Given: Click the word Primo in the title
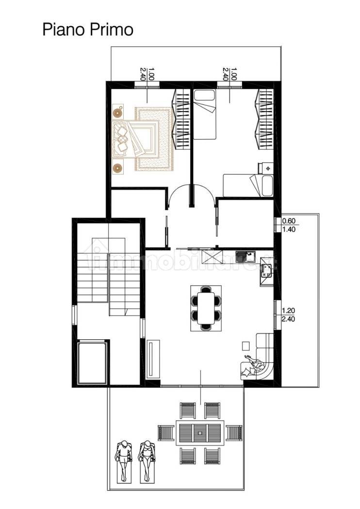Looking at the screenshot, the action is [111, 30].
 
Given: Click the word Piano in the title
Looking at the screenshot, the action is [64, 30].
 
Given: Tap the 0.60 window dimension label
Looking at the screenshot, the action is [289, 221].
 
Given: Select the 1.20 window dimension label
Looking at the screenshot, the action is [289, 311].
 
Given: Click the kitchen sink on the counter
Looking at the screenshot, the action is [246, 257].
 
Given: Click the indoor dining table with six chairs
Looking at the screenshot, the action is [206, 308].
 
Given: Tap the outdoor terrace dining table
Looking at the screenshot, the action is [200, 433].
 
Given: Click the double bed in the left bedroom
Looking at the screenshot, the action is [136, 139].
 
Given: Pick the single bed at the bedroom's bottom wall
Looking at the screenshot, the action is [247, 186].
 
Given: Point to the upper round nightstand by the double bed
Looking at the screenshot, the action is [117, 112].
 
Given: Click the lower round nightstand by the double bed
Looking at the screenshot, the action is [117, 168].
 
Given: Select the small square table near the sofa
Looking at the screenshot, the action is [246, 346].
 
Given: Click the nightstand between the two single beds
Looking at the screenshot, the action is [266, 168].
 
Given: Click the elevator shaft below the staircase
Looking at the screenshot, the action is [92, 362].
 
